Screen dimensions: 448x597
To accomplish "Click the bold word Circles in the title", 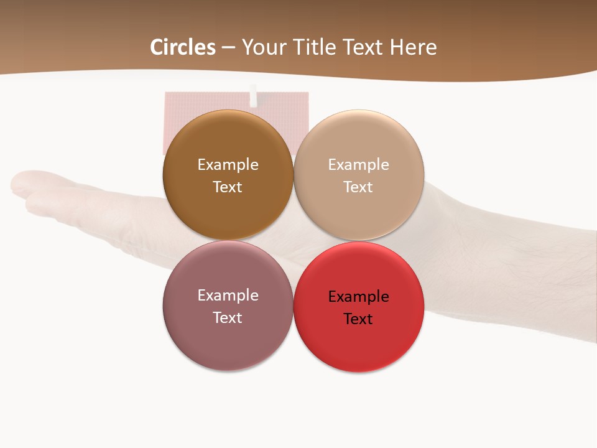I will (x=183, y=47).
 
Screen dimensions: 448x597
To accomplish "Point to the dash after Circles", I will (x=228, y=48).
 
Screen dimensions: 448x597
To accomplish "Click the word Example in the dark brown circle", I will (x=228, y=165).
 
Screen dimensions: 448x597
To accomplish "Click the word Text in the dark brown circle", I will (x=228, y=187).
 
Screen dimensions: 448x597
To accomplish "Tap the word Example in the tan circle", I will (x=359, y=165).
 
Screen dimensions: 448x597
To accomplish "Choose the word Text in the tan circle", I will (x=359, y=187).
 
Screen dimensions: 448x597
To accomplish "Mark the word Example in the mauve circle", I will (x=228, y=296).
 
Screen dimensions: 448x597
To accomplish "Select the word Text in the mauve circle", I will (x=228, y=318).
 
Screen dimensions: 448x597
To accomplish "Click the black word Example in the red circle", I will (x=359, y=297).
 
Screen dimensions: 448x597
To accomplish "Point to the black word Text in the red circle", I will (x=359, y=319).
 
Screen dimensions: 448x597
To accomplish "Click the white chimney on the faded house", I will (x=253, y=95).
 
